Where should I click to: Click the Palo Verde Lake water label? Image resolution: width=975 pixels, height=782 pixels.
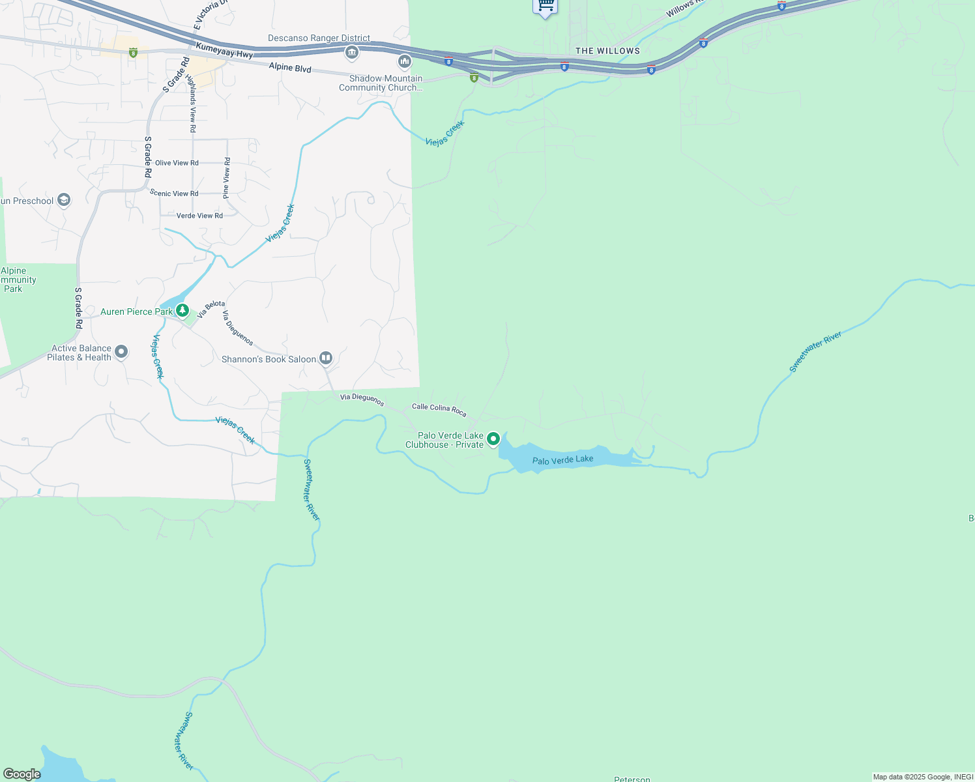pos(562,460)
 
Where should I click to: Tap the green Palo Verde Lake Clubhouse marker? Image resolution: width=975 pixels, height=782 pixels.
pos(493,439)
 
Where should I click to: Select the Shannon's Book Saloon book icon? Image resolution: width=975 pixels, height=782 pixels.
pos(326,358)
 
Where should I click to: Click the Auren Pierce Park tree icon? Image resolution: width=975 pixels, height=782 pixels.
pos(182,311)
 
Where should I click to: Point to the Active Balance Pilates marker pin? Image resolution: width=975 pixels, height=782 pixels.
pos(121,353)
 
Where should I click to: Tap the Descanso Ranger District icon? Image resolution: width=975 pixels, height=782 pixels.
pos(352,53)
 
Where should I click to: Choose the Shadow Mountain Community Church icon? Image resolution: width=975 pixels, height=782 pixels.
pos(405,62)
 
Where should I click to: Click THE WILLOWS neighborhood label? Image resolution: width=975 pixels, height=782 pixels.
pos(607,51)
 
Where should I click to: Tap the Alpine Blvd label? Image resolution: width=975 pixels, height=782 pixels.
pos(290,68)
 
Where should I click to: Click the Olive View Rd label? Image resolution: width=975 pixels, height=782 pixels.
pos(177,163)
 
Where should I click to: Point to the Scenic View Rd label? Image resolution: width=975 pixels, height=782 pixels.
pos(173,193)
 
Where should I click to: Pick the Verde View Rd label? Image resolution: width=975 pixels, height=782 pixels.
pos(199,216)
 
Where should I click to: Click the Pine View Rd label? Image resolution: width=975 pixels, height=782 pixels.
pos(226,178)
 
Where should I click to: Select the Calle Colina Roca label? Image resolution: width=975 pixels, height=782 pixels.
pos(439,409)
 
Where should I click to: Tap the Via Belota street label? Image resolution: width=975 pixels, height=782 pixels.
pos(211,309)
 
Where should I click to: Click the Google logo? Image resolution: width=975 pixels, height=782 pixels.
pos(22,774)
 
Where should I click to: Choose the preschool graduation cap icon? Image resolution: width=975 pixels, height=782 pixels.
pos(64,200)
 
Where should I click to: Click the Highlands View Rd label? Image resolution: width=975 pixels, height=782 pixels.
pos(192,103)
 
